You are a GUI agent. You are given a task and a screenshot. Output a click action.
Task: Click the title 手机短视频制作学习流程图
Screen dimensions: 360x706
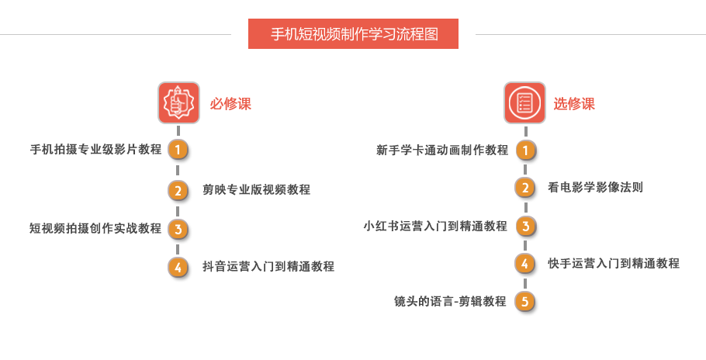(x=353, y=34)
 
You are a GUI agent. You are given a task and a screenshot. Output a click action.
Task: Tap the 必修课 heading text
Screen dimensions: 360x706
(x=230, y=104)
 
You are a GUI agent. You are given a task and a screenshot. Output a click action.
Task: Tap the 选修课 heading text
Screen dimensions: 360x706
(x=574, y=104)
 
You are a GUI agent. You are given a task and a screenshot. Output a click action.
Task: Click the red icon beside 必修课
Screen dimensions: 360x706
(x=179, y=102)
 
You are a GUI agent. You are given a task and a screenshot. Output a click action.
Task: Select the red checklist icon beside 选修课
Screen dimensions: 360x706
(x=524, y=102)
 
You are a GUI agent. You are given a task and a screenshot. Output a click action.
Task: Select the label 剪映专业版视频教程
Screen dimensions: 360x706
(x=256, y=189)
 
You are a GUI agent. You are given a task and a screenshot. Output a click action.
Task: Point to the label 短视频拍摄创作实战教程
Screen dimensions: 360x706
(x=95, y=228)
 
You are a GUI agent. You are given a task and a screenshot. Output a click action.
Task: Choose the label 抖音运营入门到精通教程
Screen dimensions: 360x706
(x=268, y=267)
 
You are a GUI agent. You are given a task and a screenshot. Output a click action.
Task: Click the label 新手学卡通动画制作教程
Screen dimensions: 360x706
(x=442, y=150)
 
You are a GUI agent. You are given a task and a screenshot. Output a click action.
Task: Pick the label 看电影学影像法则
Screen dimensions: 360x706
(x=595, y=187)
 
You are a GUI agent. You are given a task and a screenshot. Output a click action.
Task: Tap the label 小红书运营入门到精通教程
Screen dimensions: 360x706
(x=435, y=226)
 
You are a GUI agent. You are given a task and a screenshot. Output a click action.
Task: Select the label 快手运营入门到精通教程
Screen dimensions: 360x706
(x=614, y=263)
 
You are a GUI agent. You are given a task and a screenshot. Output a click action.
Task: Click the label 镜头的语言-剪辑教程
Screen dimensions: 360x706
(x=450, y=301)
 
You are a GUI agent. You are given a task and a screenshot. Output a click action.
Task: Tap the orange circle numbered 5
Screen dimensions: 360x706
(x=525, y=301)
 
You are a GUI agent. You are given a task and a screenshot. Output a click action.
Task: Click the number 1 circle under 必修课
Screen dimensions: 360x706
(x=178, y=150)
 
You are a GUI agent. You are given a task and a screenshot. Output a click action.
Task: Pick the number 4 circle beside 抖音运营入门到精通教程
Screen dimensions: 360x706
(x=178, y=267)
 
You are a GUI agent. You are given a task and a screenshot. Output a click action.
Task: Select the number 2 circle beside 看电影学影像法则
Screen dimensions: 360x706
(x=525, y=187)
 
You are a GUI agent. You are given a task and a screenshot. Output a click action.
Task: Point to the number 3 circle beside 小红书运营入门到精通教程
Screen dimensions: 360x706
(x=525, y=226)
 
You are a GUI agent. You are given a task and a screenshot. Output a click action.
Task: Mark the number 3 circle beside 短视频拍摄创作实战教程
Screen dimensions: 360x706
(x=178, y=228)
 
